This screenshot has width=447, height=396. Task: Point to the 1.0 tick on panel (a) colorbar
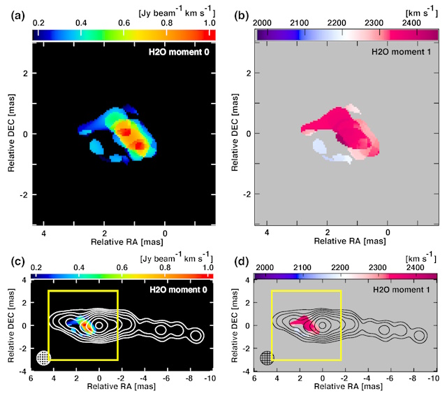coord(210,23)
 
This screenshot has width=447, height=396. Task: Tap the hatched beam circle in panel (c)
coord(44,357)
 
